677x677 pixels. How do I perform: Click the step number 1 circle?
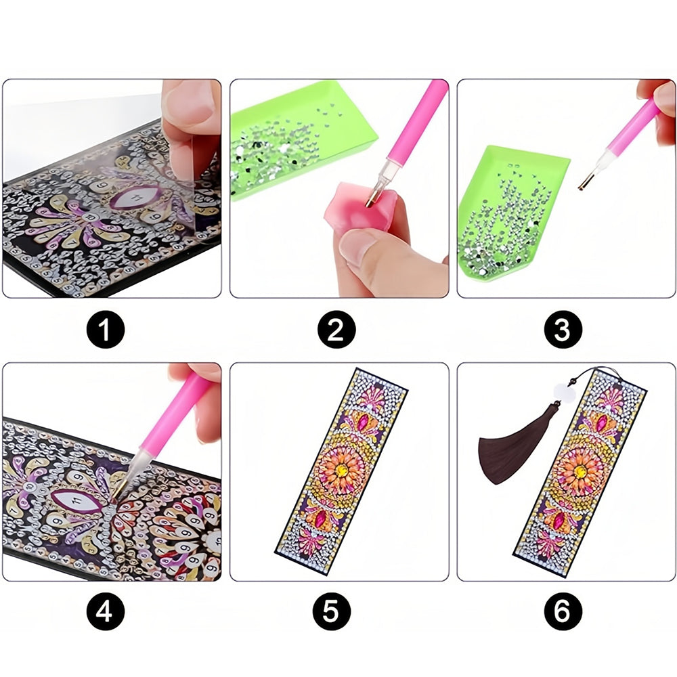pos(106,330)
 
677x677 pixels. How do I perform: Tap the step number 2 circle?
pos(336,330)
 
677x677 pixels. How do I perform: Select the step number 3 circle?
pos(563,330)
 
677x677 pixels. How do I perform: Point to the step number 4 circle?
pos(106,611)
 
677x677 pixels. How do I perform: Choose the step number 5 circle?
pos(332,611)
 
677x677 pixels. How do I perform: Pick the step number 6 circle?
pos(563,611)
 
